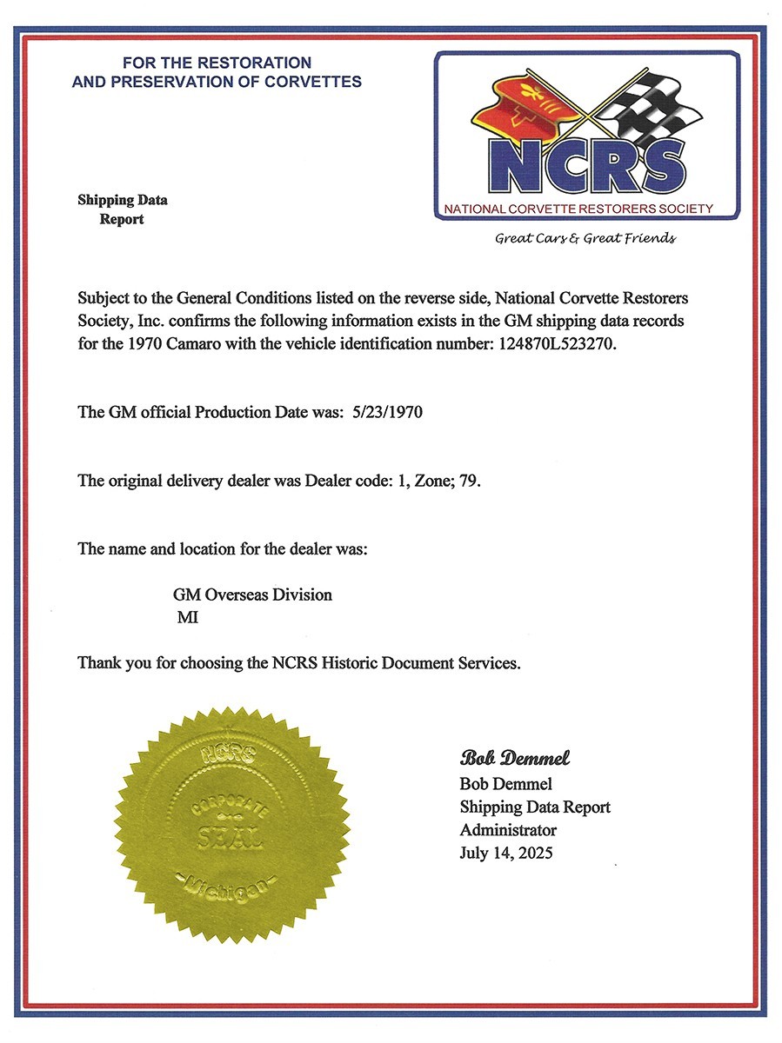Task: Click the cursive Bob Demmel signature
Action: tap(515, 758)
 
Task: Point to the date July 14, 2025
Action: tap(505, 853)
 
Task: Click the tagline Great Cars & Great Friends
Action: tap(585, 238)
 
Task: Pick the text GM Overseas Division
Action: tap(252, 595)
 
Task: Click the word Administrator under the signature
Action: tap(508, 830)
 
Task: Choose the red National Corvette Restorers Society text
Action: tap(578, 209)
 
